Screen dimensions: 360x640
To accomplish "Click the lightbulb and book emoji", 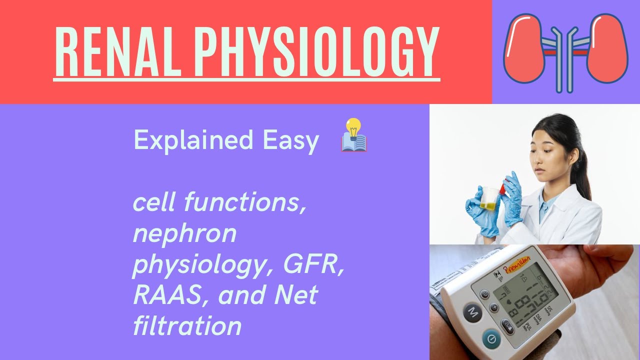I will point(354,135).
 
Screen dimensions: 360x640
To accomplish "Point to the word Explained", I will point(193,140).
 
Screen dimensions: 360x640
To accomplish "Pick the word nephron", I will point(184,233).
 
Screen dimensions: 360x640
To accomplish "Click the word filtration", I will point(187,325).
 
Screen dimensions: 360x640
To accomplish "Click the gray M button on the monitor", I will point(472,313).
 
